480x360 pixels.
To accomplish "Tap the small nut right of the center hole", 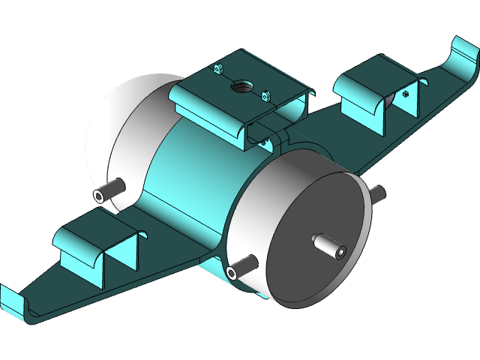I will coord(265,95).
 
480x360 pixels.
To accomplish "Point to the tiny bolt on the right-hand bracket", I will coord(406,94).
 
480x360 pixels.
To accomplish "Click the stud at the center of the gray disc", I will coord(328,244).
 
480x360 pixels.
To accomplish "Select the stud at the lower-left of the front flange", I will coord(242,265).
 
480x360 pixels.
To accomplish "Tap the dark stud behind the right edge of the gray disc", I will coord(376,193).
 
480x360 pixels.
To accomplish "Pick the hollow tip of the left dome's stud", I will coord(99,196).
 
